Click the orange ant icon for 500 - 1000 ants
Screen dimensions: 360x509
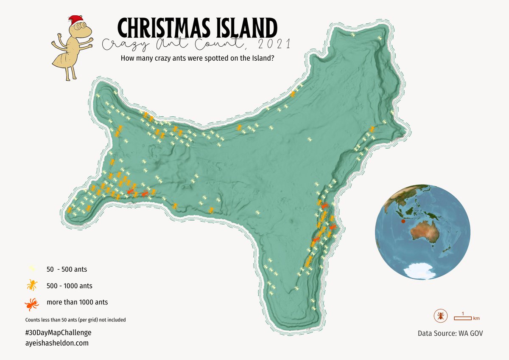point(32,285)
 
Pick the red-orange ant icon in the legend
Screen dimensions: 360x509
point(32,303)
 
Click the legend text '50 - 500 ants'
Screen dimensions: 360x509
point(67,269)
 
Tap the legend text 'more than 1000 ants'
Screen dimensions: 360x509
point(77,303)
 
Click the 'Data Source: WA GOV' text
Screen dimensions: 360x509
point(450,333)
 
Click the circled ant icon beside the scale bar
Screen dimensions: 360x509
point(441,316)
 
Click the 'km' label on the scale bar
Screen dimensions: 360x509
point(476,318)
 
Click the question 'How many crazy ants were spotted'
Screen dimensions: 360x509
point(197,58)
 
